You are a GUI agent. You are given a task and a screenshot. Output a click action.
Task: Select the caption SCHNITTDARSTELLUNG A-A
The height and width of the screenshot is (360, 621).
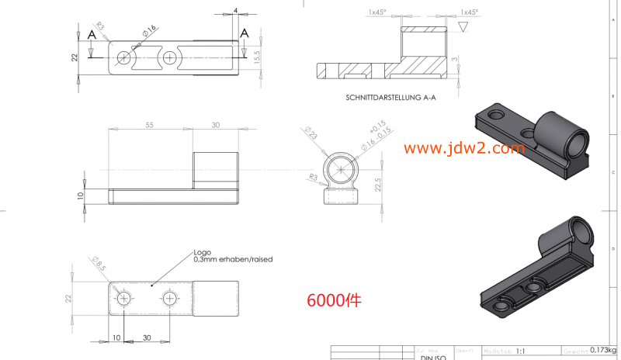390,98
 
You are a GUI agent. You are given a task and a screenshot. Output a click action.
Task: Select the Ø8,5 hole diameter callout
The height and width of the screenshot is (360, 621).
99,264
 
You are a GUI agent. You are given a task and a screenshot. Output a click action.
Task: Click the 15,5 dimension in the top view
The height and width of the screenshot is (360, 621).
257,57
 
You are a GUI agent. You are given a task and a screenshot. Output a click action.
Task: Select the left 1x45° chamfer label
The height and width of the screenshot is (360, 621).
378,12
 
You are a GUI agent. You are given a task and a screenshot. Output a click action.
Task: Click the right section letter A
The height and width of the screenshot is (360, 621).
245,33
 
